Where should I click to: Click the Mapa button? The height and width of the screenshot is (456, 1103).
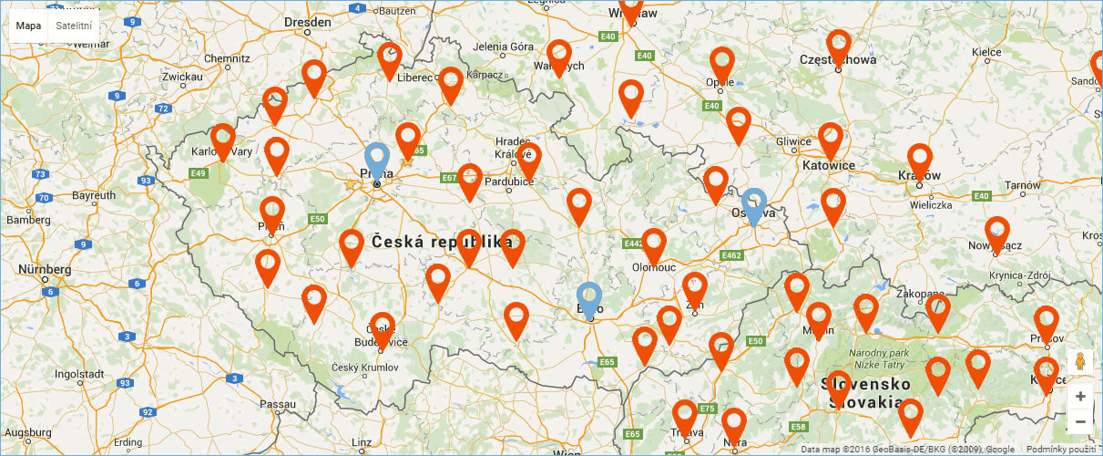[x=28, y=26]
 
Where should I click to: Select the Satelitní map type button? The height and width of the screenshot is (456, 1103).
[x=74, y=26]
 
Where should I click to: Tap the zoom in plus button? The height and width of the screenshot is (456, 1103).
[x=1080, y=397]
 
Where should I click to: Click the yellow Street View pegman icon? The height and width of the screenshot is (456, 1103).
[x=1080, y=360]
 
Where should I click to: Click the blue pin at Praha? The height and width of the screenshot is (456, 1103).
[x=376, y=160]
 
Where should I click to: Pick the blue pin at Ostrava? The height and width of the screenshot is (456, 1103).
[x=753, y=204]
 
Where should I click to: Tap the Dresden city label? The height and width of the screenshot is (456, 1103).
[x=307, y=21]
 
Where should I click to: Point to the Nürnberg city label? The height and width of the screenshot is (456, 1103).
[x=45, y=270]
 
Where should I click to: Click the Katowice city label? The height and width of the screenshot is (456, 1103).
[x=829, y=166]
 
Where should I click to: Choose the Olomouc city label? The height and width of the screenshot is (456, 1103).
[x=654, y=267]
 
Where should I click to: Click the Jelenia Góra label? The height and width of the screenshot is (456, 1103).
[x=503, y=47]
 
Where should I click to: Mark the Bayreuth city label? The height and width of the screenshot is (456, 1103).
[x=95, y=195]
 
